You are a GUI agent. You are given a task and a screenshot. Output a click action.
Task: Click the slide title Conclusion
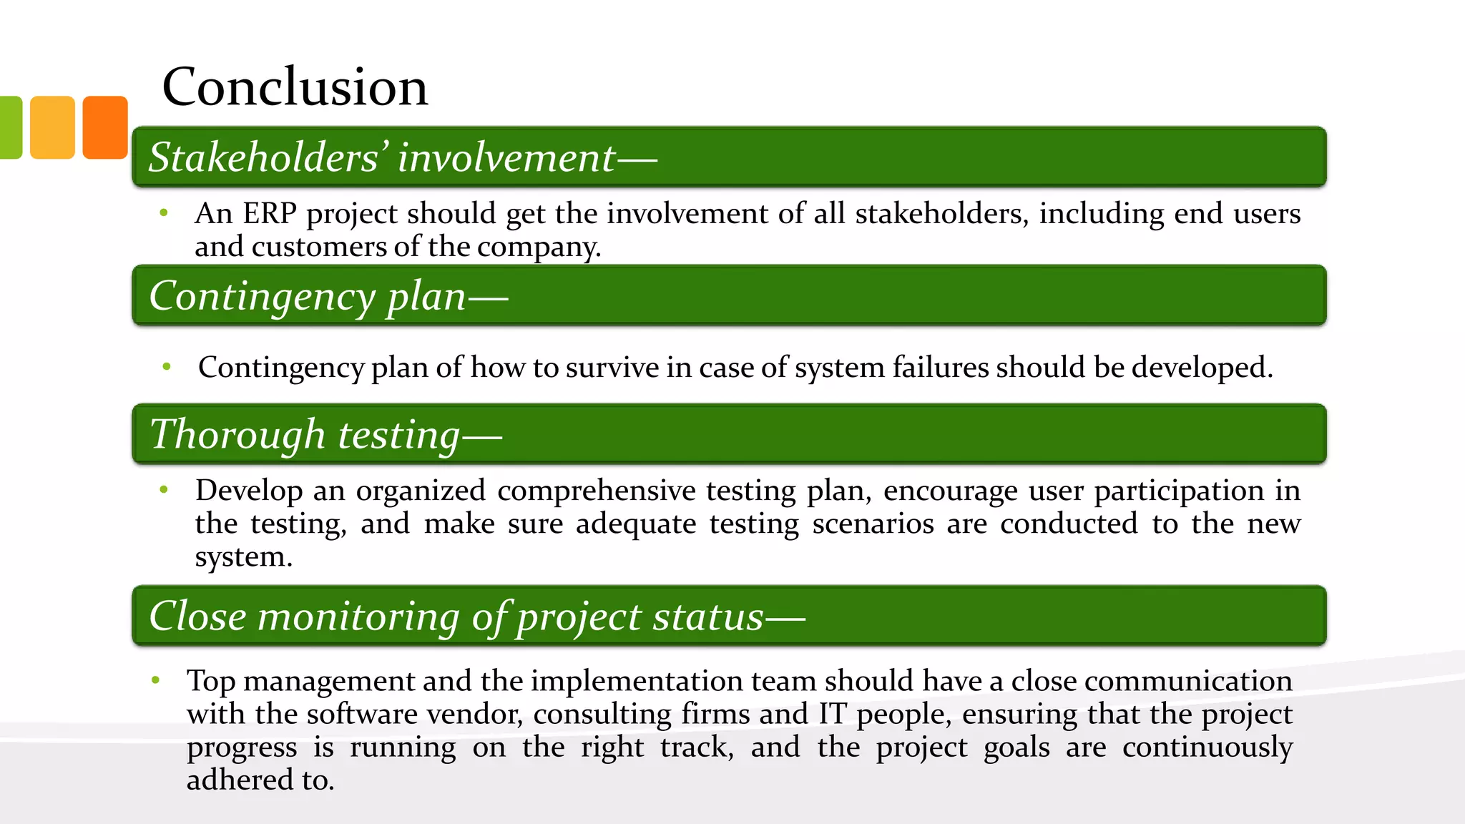(x=295, y=87)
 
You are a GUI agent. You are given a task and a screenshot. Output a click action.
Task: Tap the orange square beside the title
(x=105, y=127)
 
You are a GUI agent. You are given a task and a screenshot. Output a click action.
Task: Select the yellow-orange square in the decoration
(x=52, y=127)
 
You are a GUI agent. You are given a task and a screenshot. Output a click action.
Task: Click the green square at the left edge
(x=10, y=127)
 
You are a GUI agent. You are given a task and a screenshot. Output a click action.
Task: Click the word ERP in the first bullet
(x=269, y=214)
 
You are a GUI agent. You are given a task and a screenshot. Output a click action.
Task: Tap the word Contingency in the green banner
(x=262, y=296)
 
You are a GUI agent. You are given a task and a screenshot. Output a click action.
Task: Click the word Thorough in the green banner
(x=237, y=435)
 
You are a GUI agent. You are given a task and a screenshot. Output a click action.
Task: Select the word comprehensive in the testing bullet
(x=596, y=491)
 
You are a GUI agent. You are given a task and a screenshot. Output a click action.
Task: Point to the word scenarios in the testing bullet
(x=873, y=524)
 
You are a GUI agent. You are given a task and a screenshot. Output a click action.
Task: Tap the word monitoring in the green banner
(x=358, y=617)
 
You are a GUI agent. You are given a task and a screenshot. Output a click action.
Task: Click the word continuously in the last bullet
(x=1207, y=747)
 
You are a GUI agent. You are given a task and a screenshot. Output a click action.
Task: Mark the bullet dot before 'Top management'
(x=155, y=680)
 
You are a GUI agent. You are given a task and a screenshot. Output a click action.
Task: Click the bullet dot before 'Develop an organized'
(x=164, y=490)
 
